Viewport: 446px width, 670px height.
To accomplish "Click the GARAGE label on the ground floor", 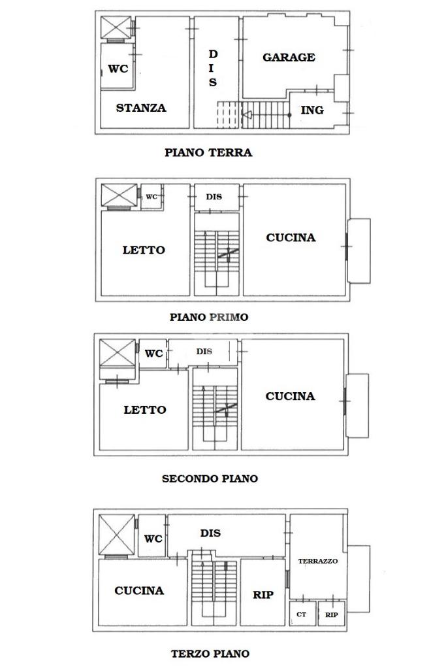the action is [x=289, y=58].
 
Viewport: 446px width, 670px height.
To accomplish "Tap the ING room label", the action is [x=311, y=110].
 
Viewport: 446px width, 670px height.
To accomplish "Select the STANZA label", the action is [x=141, y=108].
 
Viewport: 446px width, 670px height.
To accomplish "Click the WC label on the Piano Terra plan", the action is [x=118, y=68].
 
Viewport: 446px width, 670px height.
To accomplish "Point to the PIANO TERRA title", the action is [x=208, y=153].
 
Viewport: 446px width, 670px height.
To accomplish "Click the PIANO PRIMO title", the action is [x=209, y=317].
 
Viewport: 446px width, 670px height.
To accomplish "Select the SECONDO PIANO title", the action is [x=210, y=478].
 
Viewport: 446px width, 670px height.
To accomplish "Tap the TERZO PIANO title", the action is [x=210, y=653].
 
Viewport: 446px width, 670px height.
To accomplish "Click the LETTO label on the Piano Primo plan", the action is [x=144, y=250].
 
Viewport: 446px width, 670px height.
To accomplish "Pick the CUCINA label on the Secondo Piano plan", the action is [x=290, y=396].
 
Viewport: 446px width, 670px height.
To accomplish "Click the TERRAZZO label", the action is [x=318, y=561].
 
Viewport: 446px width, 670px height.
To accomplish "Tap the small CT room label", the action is [x=301, y=614].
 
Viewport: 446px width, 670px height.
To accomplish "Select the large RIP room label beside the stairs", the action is [x=263, y=595].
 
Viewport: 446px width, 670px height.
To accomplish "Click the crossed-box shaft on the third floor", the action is [x=116, y=534].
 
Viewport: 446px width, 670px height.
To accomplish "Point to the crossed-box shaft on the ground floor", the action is [x=116, y=28].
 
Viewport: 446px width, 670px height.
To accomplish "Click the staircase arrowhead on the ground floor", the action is [x=246, y=116].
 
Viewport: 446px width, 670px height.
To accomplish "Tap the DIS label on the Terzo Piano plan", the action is [x=210, y=533].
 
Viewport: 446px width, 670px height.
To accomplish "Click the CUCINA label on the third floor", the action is [x=139, y=591].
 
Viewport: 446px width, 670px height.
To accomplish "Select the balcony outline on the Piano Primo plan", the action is [x=358, y=250].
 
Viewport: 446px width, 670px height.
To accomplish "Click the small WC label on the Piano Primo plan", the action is [x=151, y=197].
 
